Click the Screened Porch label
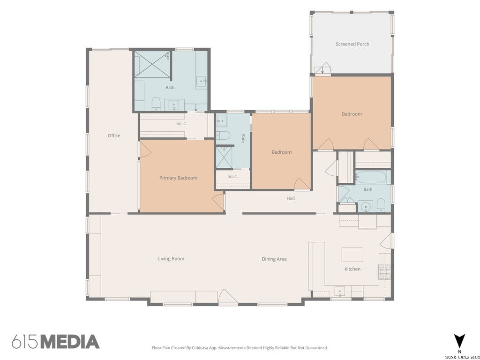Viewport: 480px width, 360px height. tap(352, 44)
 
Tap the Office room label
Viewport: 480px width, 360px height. tap(114, 135)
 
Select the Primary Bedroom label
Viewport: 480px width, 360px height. tap(178, 178)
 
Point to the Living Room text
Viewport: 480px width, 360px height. tap(171, 259)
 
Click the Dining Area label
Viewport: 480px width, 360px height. tap(274, 259)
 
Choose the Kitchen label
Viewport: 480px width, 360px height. tap(352, 269)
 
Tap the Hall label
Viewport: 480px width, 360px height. tap(291, 198)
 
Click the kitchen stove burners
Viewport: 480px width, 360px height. tap(384, 271)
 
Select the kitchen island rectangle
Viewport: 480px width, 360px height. tap(352, 255)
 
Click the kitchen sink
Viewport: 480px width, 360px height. tap(340, 291)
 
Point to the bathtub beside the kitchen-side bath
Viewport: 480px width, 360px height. tap(371, 177)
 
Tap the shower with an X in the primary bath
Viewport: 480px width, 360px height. tap(152, 64)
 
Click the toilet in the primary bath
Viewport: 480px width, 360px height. tap(156, 104)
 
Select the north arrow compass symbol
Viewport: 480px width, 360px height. tap(459, 341)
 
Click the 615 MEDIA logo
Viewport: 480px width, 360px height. tap(56, 342)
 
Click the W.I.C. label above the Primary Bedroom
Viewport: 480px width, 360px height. tap(181, 124)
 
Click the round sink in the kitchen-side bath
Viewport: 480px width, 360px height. tap(366, 207)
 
